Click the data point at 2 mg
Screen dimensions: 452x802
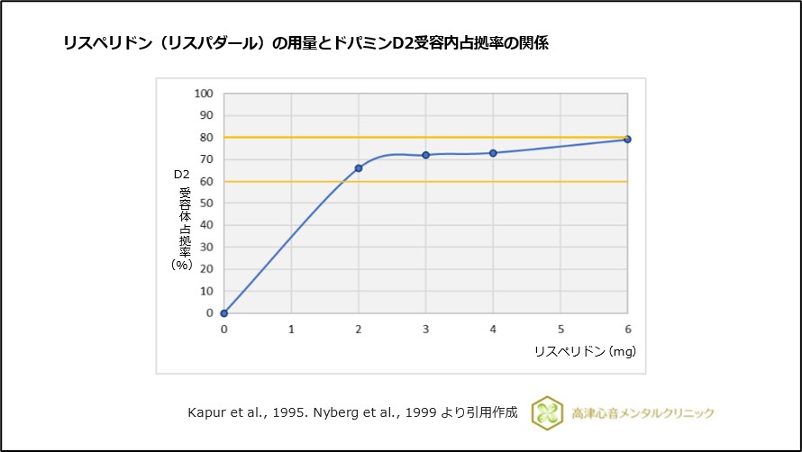359,168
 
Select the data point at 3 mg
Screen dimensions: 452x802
425,155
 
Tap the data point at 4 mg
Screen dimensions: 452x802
493,153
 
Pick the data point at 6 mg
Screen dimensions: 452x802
627,140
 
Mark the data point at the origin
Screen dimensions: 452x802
223,313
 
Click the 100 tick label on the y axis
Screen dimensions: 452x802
205,94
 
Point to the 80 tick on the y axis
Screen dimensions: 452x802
206,138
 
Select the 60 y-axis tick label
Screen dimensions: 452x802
206,182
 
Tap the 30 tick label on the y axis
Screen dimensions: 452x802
206,248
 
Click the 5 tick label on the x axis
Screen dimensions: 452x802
560,330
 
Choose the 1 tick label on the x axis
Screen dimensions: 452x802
291,330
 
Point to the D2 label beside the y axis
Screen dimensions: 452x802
181,175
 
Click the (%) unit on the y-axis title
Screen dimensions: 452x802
182,265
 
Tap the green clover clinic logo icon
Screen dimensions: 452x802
547,412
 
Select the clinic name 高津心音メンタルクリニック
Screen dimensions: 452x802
643,413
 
